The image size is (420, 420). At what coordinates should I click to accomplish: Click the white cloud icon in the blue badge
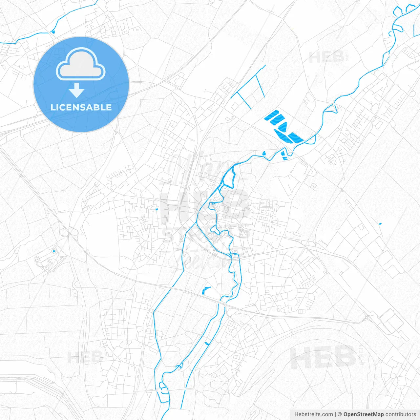point(81,65)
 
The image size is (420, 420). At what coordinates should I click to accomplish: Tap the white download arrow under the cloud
point(77,90)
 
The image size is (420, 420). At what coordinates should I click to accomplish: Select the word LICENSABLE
point(81,107)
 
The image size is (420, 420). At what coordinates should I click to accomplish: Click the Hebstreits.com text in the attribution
point(313,414)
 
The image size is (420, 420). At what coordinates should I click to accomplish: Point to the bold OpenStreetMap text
point(363,414)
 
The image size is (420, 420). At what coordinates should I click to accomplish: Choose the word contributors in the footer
point(401,414)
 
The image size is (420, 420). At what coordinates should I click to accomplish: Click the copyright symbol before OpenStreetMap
point(340,414)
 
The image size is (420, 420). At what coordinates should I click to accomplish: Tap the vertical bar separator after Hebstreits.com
point(335,414)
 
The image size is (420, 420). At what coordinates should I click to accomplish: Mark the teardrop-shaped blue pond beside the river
point(264,153)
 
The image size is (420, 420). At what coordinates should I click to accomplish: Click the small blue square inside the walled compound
point(54,251)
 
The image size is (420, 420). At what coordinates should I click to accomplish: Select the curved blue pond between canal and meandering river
point(206,290)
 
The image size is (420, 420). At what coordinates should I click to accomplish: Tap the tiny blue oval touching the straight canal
point(207,343)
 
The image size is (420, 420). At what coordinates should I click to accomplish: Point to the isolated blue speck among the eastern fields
point(380,224)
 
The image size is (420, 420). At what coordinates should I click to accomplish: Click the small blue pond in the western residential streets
point(157,209)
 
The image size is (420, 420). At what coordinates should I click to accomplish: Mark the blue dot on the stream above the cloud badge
point(52,31)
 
